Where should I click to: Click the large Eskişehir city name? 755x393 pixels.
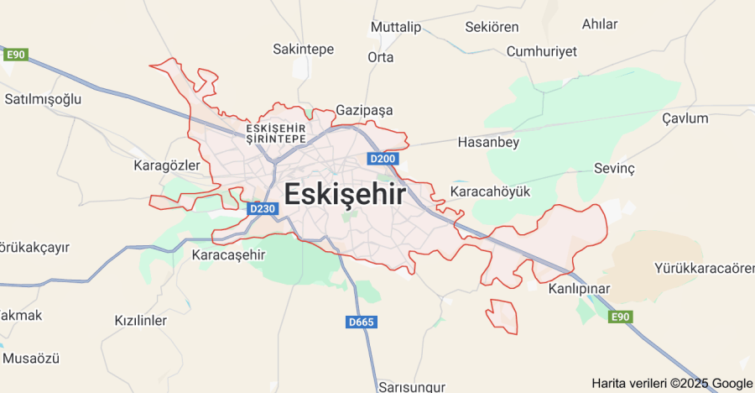point(345,195)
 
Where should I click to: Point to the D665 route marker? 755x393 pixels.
point(361,322)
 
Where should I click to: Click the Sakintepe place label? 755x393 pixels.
point(304,50)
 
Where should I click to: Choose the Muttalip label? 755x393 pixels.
point(395,28)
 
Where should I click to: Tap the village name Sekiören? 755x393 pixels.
point(492,28)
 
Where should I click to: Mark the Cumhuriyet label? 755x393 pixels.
point(541,52)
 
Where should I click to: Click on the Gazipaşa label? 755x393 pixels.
point(364,110)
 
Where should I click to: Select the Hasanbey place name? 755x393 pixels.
point(488,143)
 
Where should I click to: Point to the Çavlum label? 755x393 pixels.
point(685,118)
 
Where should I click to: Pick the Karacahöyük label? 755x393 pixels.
point(491,192)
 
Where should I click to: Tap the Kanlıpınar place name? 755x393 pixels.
point(579,289)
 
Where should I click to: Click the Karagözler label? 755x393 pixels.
point(166,165)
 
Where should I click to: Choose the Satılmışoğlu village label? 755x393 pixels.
point(43,99)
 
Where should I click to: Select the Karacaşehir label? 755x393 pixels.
point(228,254)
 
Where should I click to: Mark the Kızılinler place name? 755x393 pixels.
point(141,321)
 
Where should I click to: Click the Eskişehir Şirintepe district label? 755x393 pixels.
point(276,134)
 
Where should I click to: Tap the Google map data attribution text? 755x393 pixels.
point(672,383)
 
